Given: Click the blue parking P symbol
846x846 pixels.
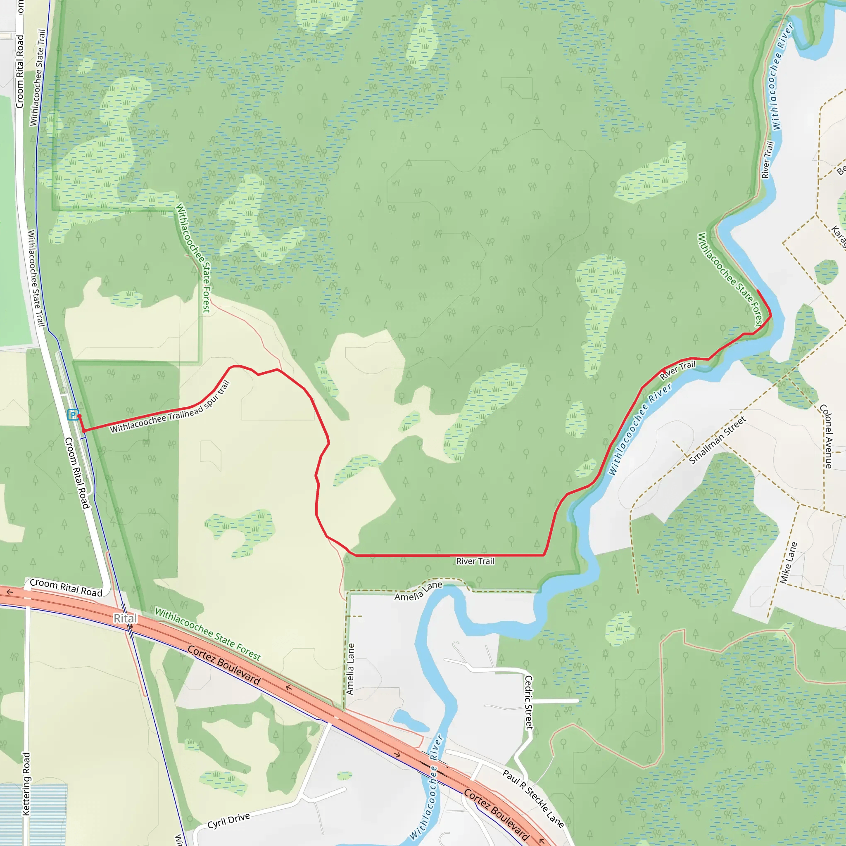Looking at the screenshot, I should pos(73,414).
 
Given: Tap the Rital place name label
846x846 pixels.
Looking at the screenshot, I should pos(125,618).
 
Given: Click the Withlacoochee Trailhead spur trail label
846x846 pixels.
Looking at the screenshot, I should pos(170,408).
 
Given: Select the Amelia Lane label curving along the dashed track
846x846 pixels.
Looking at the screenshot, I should pos(418,591).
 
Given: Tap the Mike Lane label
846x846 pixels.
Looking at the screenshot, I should pos(788,563).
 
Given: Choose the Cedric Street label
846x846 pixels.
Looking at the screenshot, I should pos(529,702).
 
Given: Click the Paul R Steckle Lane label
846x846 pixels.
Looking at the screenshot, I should pos(533,799).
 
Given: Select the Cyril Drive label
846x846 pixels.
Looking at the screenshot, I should pos(228,821).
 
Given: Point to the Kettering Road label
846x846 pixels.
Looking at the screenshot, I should pos(26,784).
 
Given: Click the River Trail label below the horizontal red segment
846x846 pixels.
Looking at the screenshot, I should pos(475,561).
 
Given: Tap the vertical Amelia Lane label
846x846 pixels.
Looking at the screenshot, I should pos(350,669).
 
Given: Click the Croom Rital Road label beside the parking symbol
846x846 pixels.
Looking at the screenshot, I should pos(77,473).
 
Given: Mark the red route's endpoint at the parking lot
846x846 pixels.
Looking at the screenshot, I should pos(79,416).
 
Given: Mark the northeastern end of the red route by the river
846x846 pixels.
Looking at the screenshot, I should pos(758,291).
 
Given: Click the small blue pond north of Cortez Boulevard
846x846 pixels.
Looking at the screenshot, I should pos(410,720).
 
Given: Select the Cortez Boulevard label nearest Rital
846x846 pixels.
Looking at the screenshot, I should pos(224,665).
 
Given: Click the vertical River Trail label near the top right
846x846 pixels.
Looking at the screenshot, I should pos(768,160).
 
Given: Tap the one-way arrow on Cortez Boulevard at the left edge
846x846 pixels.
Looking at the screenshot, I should pos(10,592).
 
